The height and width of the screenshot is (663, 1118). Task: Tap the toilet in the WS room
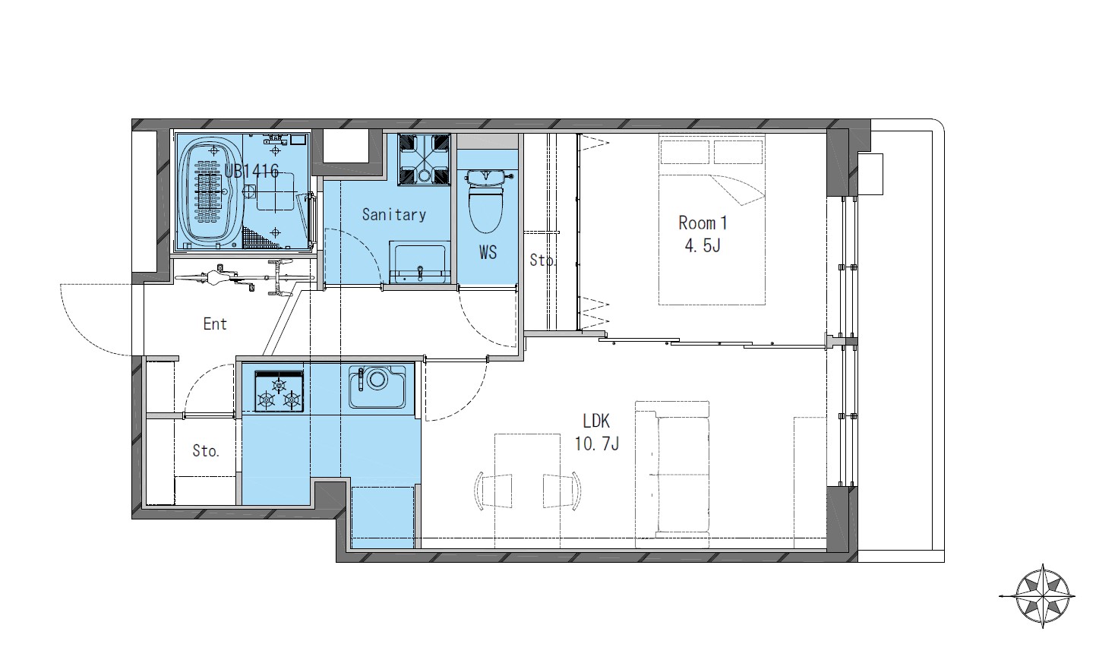click(486, 200)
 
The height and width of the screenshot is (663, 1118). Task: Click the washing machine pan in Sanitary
click(425, 159)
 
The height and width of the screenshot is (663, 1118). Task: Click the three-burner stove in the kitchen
click(279, 391)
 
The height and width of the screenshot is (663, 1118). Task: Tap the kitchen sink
click(377, 387)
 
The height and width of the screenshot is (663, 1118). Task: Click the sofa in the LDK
click(672, 475)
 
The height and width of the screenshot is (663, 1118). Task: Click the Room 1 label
click(703, 223)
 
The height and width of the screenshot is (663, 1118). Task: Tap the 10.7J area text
click(597, 444)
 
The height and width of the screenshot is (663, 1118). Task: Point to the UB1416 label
click(251, 171)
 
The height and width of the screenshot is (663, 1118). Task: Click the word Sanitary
click(393, 215)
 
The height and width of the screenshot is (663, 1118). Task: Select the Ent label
click(215, 324)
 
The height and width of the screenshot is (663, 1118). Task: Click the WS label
click(488, 253)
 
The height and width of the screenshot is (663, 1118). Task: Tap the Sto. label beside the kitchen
click(206, 451)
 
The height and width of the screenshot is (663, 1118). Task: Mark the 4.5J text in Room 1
click(703, 245)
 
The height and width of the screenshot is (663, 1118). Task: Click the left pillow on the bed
click(685, 152)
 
